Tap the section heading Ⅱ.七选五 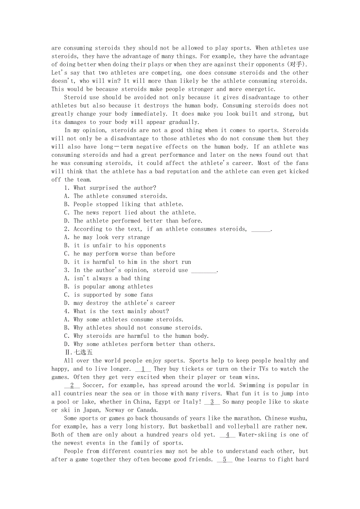click(78, 352)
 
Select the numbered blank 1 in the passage click(143, 369)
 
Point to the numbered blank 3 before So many click(212, 402)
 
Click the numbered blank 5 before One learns click(225, 459)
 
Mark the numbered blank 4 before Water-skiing click(228, 435)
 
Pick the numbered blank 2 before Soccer click(72, 385)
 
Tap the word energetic click(253, 89)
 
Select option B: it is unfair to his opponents click(119, 246)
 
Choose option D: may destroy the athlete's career click(124, 303)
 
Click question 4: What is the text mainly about click(121, 311)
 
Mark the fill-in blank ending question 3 click(203, 271)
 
